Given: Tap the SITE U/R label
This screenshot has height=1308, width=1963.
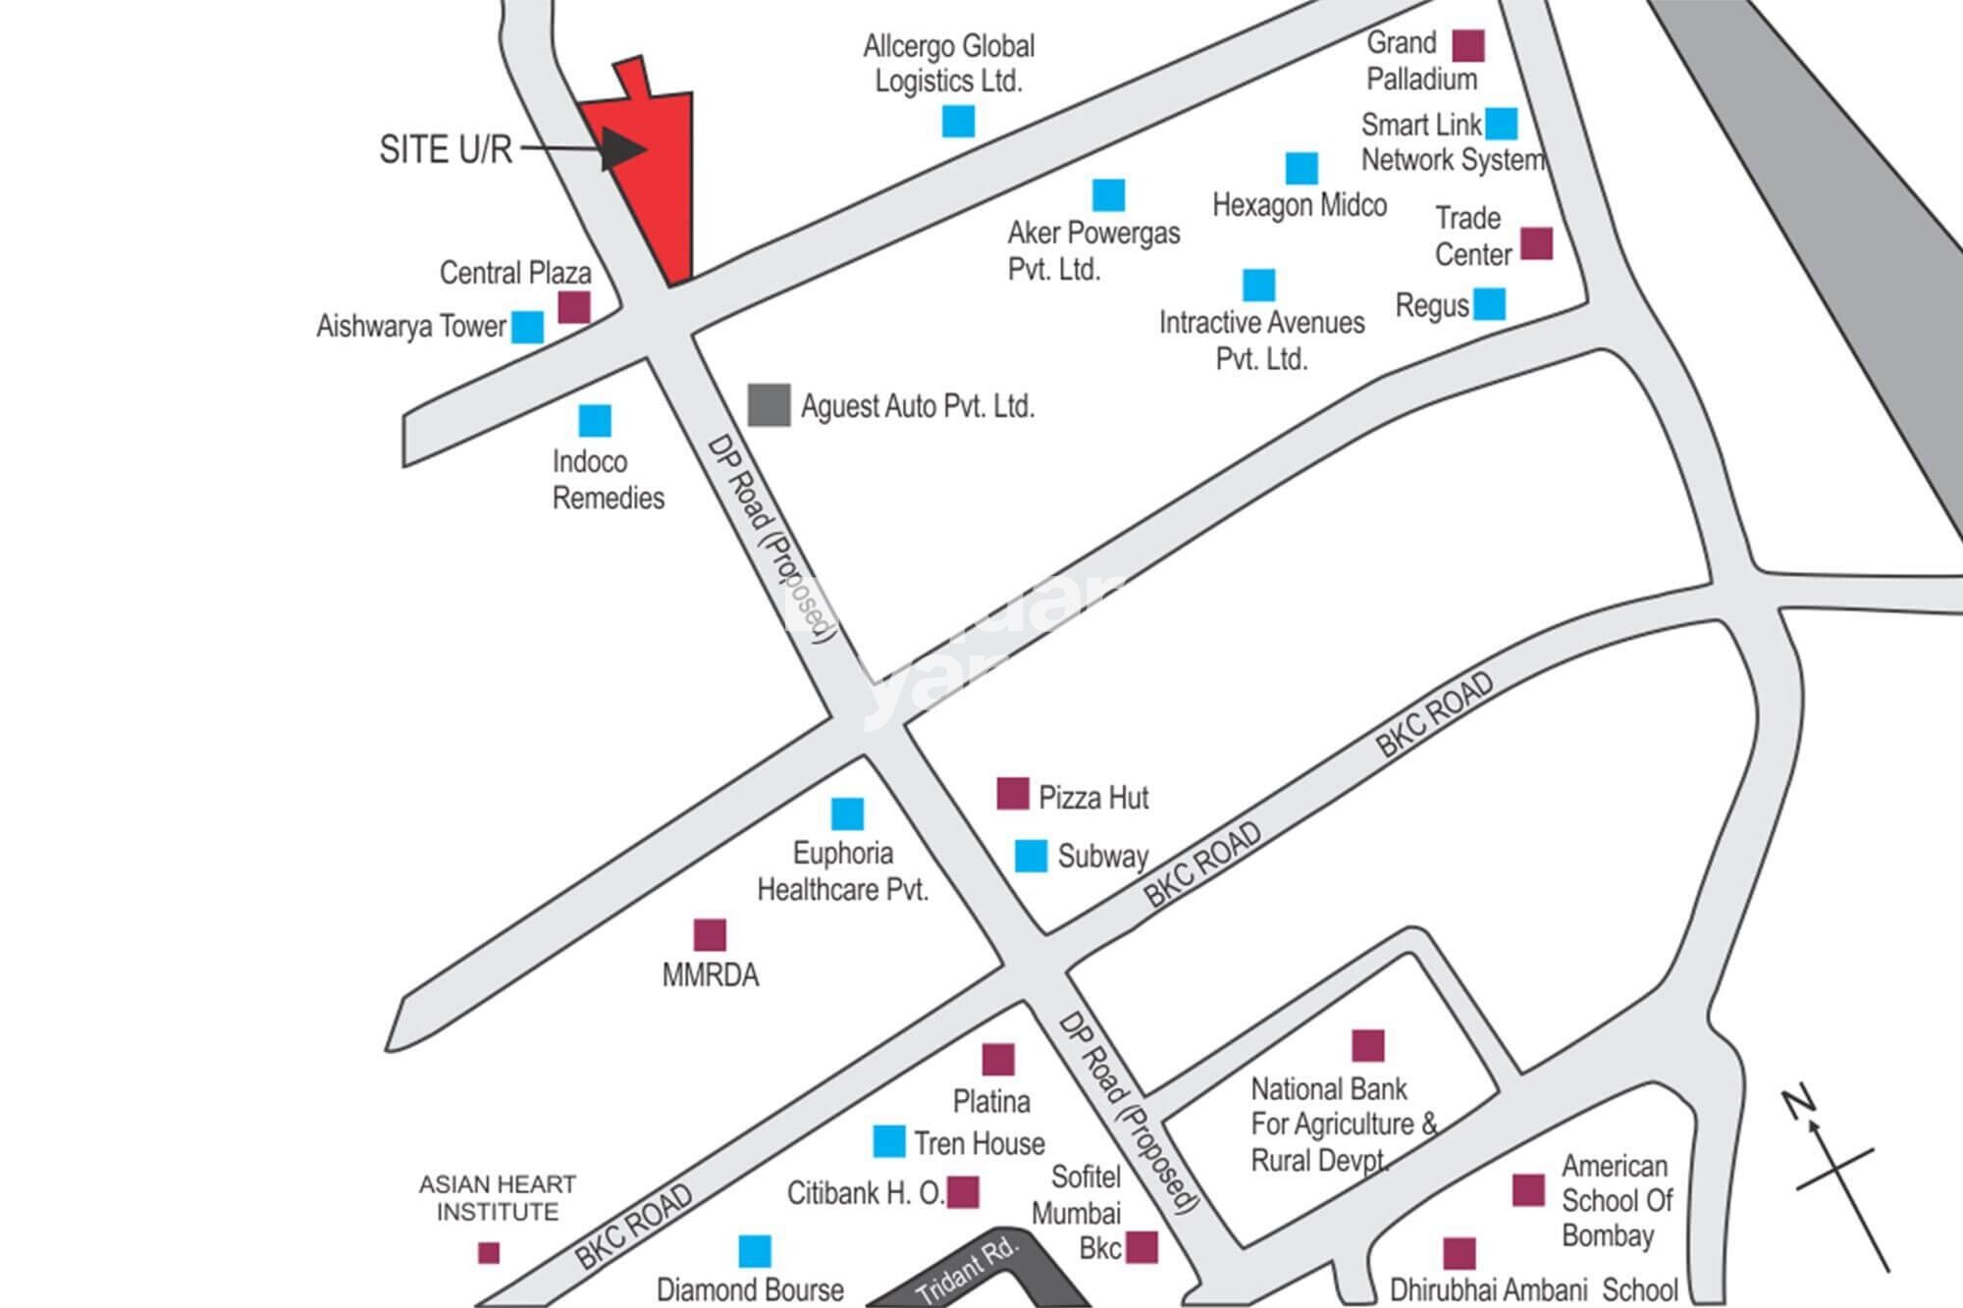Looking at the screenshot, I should coord(446,149).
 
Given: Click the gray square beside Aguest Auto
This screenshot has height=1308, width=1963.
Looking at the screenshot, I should coord(769,404).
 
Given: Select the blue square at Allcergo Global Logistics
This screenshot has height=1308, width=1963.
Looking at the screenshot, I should coord(958,121).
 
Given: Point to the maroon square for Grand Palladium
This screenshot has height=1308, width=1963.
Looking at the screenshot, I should coord(1467,45).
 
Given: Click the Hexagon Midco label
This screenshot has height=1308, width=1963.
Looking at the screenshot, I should coord(1300,205).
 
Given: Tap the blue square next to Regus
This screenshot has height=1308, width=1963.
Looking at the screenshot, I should coord(1489,304).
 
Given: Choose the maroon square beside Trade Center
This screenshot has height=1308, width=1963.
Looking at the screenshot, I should coord(1536,243).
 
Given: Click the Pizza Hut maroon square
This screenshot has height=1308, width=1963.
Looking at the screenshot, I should coord(1012,793).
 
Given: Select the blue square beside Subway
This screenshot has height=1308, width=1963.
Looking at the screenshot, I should coord(1030,856).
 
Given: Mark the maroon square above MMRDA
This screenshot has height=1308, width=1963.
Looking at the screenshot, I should coord(710,934).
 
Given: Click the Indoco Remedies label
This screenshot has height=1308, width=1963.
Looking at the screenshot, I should coord(608,480).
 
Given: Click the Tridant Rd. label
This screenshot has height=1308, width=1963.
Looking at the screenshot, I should coord(967,1272).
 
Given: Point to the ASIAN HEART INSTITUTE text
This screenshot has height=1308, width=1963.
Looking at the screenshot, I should coord(498,1198).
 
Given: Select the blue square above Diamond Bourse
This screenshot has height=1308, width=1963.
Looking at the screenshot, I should coord(754,1251).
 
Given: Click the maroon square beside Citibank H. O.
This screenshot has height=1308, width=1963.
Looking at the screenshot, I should coord(963,1192).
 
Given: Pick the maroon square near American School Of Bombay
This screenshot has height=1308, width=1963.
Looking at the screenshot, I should coord(1528,1189).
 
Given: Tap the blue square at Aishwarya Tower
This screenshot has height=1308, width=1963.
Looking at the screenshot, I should coord(527,327).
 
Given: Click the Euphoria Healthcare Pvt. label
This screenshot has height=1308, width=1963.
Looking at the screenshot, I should coord(842,871).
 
